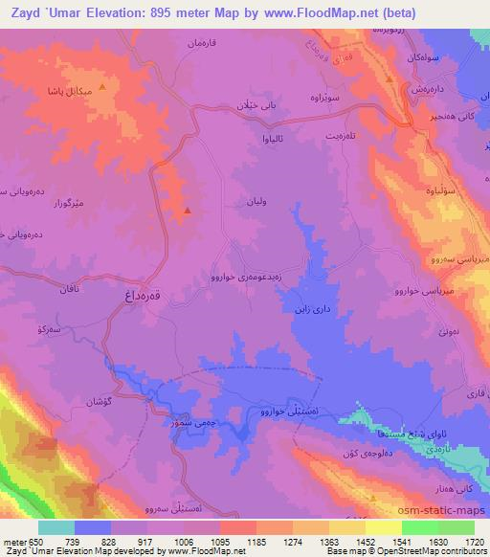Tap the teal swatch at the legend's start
[56, 527]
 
